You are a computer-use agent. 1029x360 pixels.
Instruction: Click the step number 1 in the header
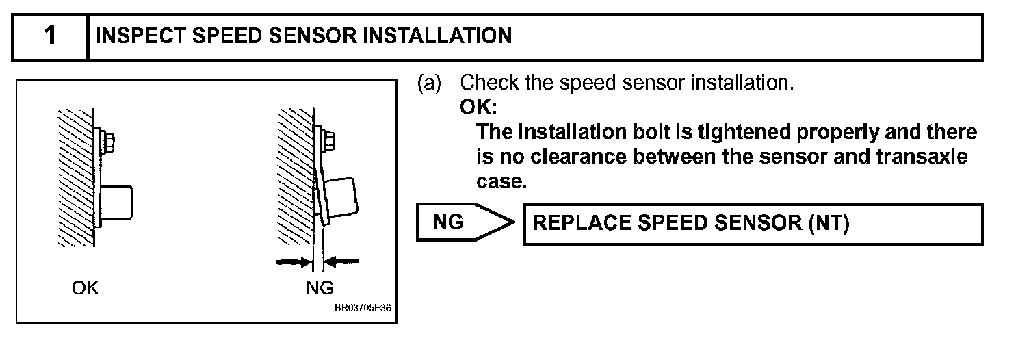coord(50,36)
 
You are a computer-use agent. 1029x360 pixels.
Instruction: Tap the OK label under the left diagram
coord(86,287)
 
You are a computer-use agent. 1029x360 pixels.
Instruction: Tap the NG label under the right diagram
coord(320,287)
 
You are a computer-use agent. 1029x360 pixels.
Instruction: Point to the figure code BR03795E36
coord(363,308)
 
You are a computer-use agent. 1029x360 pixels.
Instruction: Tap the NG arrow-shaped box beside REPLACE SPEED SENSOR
coord(462,223)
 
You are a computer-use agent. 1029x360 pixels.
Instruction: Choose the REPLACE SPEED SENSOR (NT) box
coord(753,224)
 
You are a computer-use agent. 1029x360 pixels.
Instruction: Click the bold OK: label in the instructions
coord(479,107)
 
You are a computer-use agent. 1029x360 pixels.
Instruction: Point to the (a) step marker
coord(429,83)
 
